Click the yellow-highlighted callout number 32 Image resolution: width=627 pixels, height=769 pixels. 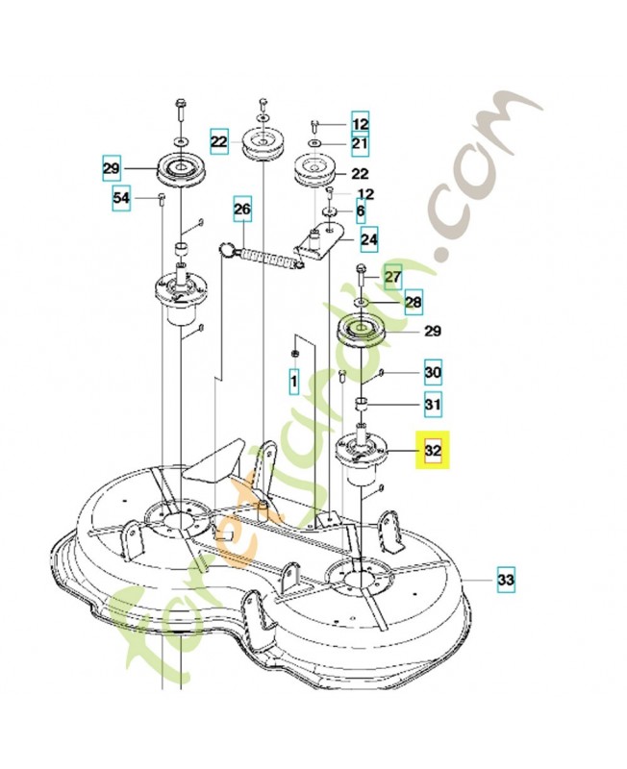click(x=433, y=449)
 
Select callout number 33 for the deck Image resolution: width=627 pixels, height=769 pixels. click(x=506, y=580)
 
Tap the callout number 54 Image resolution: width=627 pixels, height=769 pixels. click(x=121, y=198)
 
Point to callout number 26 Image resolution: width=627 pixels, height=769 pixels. click(x=242, y=208)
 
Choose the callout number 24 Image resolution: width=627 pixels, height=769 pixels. click(x=369, y=237)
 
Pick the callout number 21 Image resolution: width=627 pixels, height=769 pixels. click(x=360, y=144)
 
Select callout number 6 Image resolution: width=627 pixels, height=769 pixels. click(x=361, y=211)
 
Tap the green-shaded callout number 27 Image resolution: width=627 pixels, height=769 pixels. click(x=392, y=277)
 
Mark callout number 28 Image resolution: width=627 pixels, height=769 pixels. click(x=413, y=303)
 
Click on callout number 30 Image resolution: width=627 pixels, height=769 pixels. click(x=433, y=372)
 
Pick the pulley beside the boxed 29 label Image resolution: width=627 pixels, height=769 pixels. click(x=178, y=171)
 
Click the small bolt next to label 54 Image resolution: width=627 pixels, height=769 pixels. click(x=161, y=198)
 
